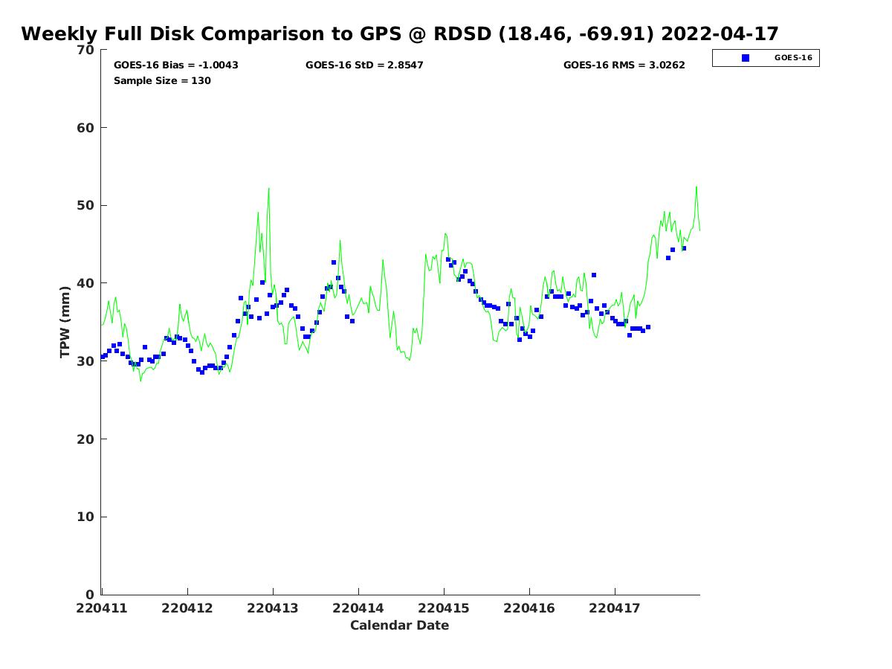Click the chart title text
pos(400,34)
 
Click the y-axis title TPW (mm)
pos(65,322)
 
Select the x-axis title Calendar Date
pos(400,625)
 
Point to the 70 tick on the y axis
pos(86,51)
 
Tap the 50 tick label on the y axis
pos(86,206)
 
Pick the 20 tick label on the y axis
pos(86,439)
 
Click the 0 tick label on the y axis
pos(91,595)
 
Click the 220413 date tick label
pos(273,608)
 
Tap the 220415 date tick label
pos(444,608)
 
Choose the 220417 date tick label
pos(615,608)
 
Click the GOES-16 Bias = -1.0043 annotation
pos(176,65)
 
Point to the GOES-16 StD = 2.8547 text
pos(364,65)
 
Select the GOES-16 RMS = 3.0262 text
pos(624,65)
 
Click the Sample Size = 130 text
pos(162,80)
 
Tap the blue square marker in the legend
pos(746,58)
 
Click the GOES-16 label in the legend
pos(792,58)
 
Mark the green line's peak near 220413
pos(268,188)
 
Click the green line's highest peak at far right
pos(697,187)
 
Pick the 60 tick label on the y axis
pos(86,128)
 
